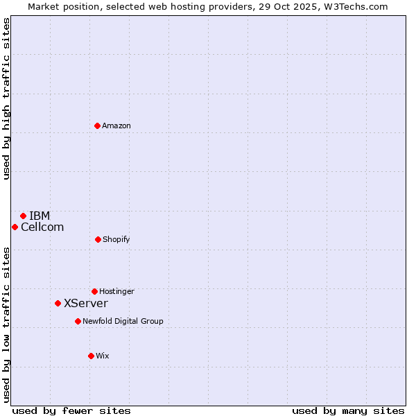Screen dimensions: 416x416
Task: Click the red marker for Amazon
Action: [x=97, y=125]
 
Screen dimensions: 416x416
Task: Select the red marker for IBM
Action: [x=23, y=216]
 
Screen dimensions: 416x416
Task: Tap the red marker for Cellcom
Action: [x=15, y=227]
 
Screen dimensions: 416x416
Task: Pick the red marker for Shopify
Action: [x=98, y=239]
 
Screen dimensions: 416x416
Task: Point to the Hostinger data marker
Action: [x=94, y=291]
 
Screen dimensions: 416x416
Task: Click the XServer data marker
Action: [x=58, y=303]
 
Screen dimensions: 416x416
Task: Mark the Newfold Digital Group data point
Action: [x=78, y=321]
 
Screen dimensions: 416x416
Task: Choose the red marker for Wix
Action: [x=91, y=356]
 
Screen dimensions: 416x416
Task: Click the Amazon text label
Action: [x=116, y=125]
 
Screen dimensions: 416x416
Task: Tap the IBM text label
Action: [x=40, y=216]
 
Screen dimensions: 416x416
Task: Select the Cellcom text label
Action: [x=42, y=227]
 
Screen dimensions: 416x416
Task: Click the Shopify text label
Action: [x=116, y=239]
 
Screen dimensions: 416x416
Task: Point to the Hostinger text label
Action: [x=116, y=291]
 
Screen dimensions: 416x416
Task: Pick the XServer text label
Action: [x=86, y=303]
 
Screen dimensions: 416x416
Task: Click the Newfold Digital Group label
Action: [x=123, y=321]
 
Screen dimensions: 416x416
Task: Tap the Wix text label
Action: [x=103, y=356]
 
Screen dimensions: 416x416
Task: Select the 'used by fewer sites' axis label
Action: [x=71, y=410]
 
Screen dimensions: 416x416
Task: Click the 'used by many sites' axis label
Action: [x=348, y=410]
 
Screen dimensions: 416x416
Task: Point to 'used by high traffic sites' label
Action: [x=6, y=98]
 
